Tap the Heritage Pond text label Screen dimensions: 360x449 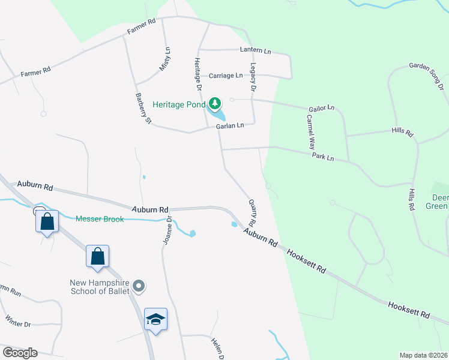pyautogui.click(x=179, y=104)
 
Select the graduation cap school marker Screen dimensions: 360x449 pyautogui.click(x=155, y=320)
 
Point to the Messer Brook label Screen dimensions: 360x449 pyautogui.click(x=100, y=219)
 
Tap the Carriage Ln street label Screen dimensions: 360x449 pyautogui.click(x=226, y=76)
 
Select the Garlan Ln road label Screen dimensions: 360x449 pyautogui.click(x=231, y=125)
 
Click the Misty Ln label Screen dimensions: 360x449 pyautogui.click(x=164, y=59)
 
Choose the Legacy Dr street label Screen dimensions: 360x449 pyautogui.click(x=253, y=79)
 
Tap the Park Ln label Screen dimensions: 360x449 pyautogui.click(x=322, y=156)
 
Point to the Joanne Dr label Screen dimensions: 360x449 pyautogui.click(x=167, y=230)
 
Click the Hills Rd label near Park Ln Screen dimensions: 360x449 pyautogui.click(x=411, y=199)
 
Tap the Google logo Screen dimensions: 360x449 pyautogui.click(x=20, y=352)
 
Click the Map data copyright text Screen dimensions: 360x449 pyautogui.click(x=423, y=355)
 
